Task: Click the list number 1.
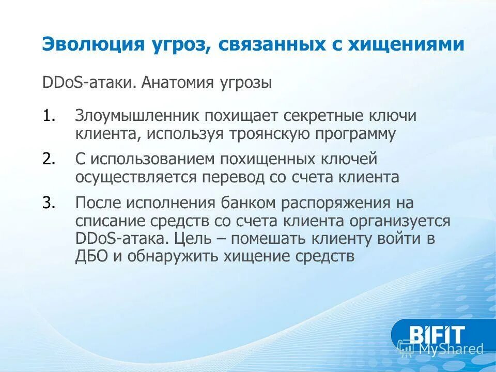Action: (x=49, y=116)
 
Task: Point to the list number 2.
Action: (x=49, y=159)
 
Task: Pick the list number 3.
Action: (x=49, y=203)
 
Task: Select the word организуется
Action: (x=400, y=221)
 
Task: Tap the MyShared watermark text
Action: (x=450, y=350)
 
